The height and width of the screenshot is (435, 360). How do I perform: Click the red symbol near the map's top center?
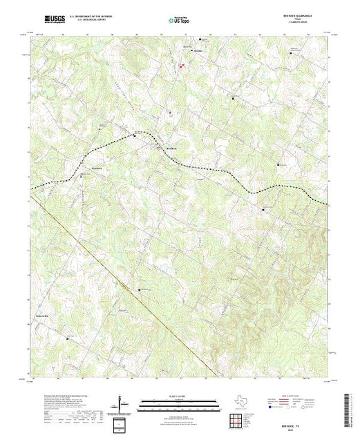[182, 66]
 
